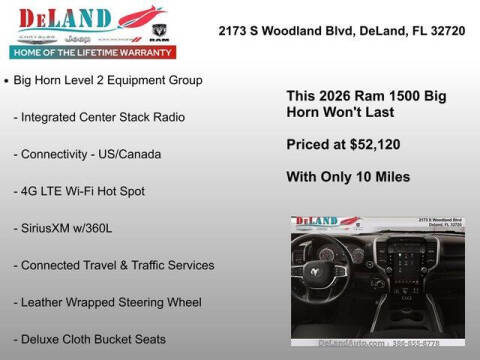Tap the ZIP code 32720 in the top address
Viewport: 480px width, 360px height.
click(447, 31)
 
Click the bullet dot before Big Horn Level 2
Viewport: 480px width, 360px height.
click(9, 78)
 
